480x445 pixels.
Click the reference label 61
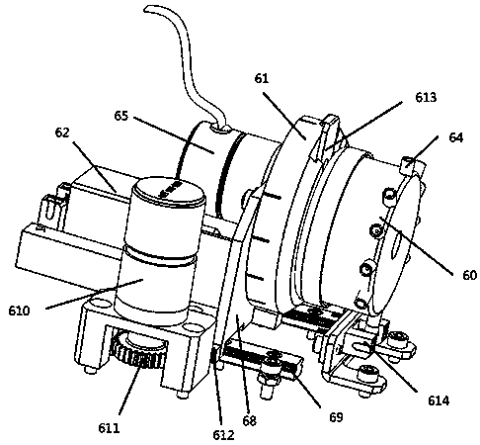click(262, 78)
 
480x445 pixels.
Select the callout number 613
click(426, 97)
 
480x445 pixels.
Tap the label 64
click(455, 137)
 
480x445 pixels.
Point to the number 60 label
click(469, 275)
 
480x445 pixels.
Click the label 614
click(439, 400)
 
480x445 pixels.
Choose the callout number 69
click(336, 417)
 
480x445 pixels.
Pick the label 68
click(249, 420)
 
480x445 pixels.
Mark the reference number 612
click(223, 435)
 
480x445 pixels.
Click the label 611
click(109, 428)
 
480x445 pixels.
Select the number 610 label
click(19, 311)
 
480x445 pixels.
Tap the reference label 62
click(62, 133)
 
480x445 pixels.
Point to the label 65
click(121, 116)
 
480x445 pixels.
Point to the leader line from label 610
click(95, 294)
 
